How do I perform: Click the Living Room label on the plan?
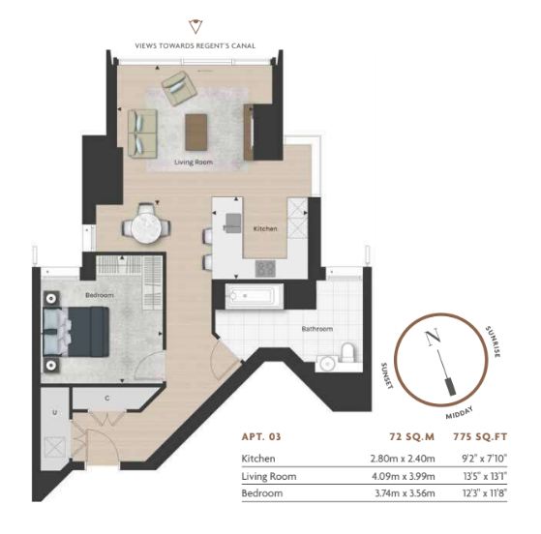(194, 163)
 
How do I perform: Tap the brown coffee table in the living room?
(195, 133)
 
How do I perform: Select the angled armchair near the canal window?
(179, 88)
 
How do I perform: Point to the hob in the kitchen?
(265, 268)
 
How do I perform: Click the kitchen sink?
(232, 222)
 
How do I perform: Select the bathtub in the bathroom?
(255, 296)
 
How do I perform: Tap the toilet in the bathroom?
(347, 352)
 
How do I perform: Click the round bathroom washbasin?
(326, 364)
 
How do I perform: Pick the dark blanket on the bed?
(89, 332)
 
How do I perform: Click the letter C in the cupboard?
(107, 399)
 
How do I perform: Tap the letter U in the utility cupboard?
(54, 412)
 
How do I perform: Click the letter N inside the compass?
(433, 337)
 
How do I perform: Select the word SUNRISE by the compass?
(493, 341)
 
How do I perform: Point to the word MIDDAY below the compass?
(460, 413)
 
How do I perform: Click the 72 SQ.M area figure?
(411, 436)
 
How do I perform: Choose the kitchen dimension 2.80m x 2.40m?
(403, 459)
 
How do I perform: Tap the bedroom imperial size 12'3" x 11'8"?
(485, 493)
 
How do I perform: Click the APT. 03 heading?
(261, 436)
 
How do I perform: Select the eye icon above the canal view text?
(195, 26)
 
